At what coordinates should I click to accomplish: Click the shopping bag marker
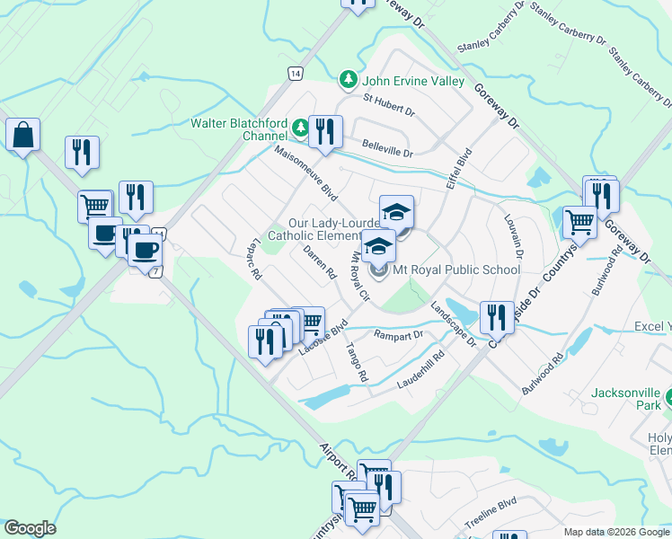pos(23,137)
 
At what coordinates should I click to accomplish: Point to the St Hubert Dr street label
pos(388,107)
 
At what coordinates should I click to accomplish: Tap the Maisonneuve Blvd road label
pos(305,174)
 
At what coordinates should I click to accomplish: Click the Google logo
pos(29,529)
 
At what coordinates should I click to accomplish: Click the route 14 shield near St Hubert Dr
pos(295,74)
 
